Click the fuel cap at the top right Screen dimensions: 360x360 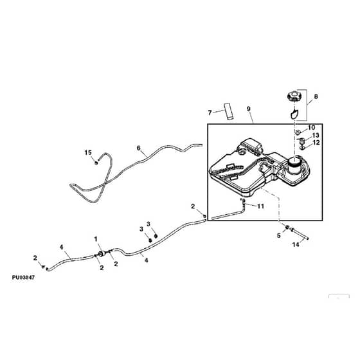[x=293, y=95]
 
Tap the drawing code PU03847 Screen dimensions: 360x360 [x=23, y=278]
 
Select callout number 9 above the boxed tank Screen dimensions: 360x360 [x=249, y=109]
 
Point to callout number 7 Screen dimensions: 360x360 [x=210, y=113]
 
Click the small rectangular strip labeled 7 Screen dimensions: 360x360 [x=229, y=111]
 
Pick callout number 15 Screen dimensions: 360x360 [x=88, y=152]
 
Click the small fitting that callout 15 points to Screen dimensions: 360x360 [x=96, y=163]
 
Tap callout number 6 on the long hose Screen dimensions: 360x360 [x=138, y=148]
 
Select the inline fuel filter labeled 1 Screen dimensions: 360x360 [x=101, y=254]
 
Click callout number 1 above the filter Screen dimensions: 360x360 [x=96, y=239]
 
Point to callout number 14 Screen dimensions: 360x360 [x=296, y=244]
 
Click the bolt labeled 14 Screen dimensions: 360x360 [x=300, y=234]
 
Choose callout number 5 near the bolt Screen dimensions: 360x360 [x=279, y=235]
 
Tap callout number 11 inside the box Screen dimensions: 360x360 [x=260, y=206]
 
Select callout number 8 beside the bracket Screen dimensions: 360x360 [x=316, y=96]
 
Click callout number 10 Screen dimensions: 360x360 [x=312, y=127]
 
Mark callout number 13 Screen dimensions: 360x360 [x=316, y=135]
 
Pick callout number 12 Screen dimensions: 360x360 [x=316, y=142]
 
